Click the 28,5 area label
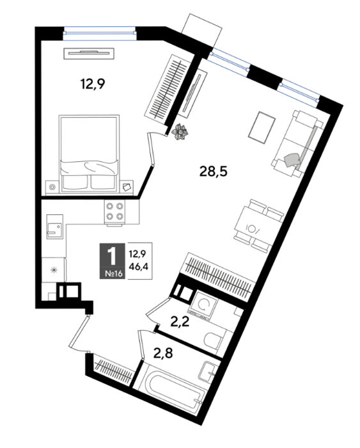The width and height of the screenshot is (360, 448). [214, 172]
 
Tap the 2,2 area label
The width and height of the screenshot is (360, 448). [180, 323]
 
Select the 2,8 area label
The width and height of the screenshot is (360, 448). [163, 354]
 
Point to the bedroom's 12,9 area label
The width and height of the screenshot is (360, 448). [93, 84]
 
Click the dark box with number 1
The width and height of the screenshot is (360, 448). [112, 260]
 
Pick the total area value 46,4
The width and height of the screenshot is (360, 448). [140, 267]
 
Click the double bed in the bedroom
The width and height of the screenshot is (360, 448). [89, 153]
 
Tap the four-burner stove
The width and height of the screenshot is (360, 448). [115, 211]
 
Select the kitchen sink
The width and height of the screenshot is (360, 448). [54, 227]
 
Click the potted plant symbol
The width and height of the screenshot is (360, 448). [180, 131]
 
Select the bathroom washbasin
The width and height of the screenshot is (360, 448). [208, 371]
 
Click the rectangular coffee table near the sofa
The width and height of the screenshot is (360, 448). [262, 127]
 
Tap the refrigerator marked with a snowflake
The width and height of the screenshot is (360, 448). [54, 269]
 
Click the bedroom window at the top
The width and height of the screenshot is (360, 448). [100, 33]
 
